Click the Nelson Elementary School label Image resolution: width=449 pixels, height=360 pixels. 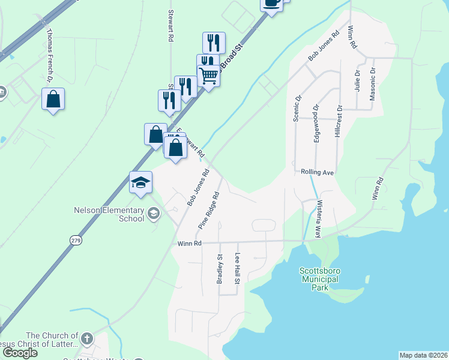(109, 214)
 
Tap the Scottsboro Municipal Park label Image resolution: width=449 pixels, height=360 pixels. (319, 279)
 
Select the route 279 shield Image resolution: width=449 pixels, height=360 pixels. (76, 240)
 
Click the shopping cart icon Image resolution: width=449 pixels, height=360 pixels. (208, 76)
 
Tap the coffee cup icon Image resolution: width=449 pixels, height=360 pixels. (271, 3)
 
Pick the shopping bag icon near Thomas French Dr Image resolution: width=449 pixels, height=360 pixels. (53, 98)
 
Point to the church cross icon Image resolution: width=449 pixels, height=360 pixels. (86, 339)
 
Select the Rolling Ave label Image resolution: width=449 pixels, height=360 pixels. (317, 172)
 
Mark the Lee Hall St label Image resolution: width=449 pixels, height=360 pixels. (238, 268)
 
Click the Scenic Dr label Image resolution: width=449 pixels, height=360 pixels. (297, 107)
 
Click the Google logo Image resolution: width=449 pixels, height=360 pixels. (20, 353)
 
